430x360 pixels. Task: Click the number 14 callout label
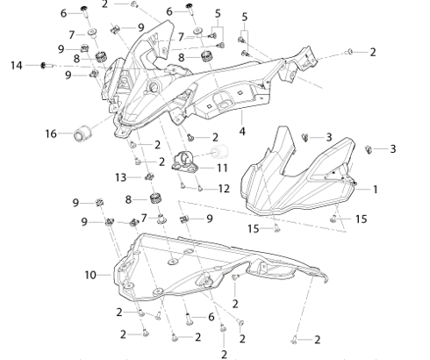tap(17, 65)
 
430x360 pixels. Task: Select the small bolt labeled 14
tap(47, 65)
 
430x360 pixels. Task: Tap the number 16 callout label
tap(51, 133)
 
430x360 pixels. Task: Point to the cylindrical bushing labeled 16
tap(82, 133)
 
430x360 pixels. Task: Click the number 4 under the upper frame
tap(242, 132)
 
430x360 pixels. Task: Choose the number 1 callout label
tap(376, 190)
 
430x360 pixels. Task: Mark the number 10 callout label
tap(90, 275)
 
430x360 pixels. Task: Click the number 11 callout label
tap(222, 168)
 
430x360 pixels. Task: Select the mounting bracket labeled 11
tap(184, 161)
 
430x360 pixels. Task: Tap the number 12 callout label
tap(224, 189)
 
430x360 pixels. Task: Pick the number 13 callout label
tap(120, 177)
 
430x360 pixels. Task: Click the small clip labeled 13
tap(150, 176)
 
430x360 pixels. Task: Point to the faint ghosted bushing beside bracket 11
tap(219, 152)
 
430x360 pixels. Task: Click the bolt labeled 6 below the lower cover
tap(189, 319)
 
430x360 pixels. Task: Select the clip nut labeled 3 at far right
tap(369, 149)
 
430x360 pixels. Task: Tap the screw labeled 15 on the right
tap(333, 219)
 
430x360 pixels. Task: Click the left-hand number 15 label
tap(254, 228)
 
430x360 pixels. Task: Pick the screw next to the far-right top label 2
tap(349, 52)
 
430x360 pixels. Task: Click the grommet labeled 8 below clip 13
tap(156, 198)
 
